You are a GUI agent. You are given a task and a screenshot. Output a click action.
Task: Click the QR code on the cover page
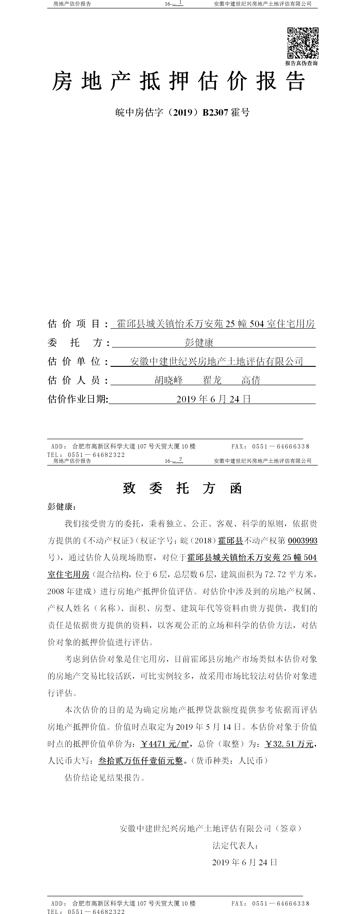coord(303,43)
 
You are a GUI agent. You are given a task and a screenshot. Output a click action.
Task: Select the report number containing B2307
coord(182,113)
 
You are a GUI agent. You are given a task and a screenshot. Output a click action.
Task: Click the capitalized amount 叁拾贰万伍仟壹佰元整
coord(140,761)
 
